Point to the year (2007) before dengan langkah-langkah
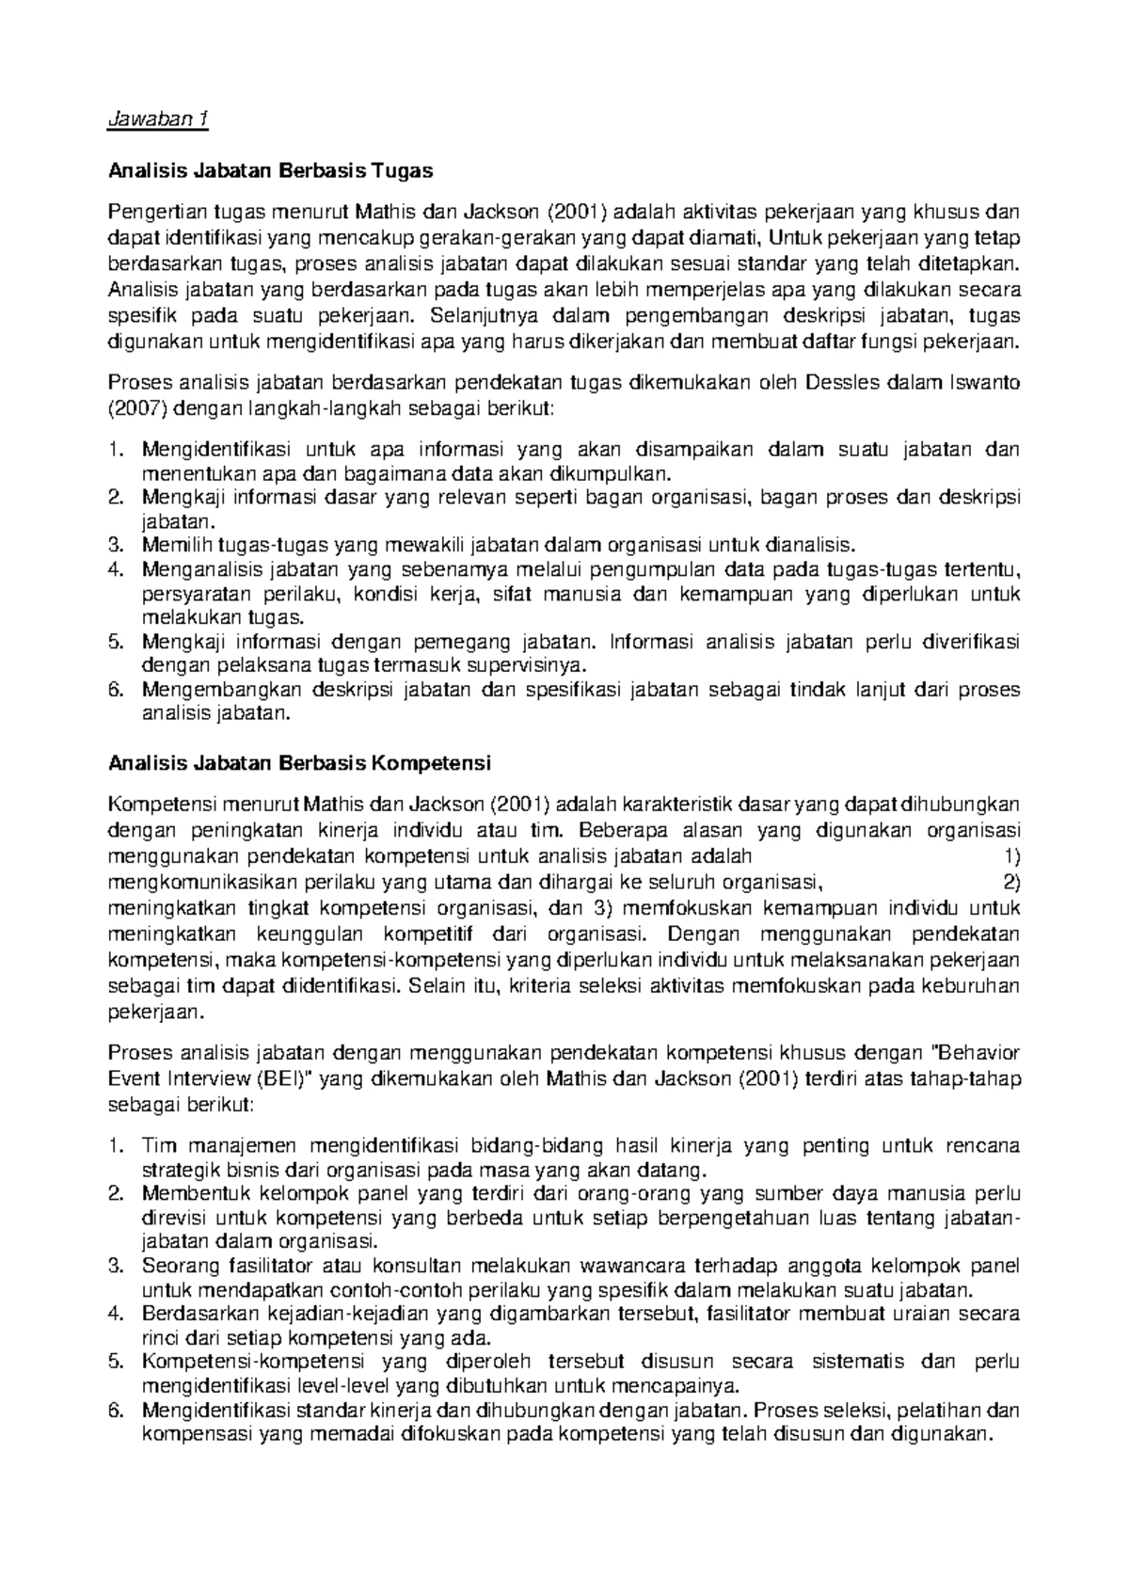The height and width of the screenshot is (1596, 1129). pos(137,408)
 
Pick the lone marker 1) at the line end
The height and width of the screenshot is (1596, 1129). pos(1011,856)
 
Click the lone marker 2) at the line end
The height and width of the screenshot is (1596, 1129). pos(1011,882)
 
